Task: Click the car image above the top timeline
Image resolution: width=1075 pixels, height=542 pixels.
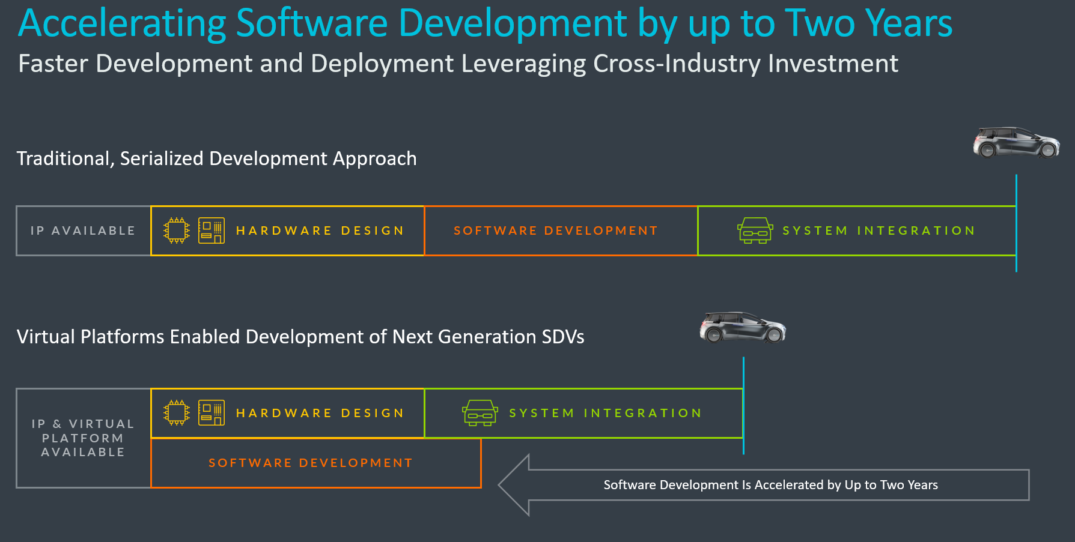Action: pyautogui.click(x=1016, y=143)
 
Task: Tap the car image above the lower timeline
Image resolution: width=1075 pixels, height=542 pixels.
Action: pyautogui.click(x=743, y=327)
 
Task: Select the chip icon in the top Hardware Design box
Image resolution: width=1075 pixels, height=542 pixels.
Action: pyautogui.click(x=177, y=230)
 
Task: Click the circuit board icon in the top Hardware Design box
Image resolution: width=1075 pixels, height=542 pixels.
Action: pyautogui.click(x=211, y=230)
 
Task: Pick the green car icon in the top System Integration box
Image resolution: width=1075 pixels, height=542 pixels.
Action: pyautogui.click(x=755, y=230)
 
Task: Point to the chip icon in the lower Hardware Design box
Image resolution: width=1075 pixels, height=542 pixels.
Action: pyautogui.click(x=177, y=413)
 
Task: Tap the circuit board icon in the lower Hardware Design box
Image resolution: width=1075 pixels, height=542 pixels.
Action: pyautogui.click(x=211, y=413)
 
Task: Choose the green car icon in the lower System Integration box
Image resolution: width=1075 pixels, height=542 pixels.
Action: pyautogui.click(x=480, y=413)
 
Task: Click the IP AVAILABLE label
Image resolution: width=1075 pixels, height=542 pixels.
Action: pyautogui.click(x=83, y=230)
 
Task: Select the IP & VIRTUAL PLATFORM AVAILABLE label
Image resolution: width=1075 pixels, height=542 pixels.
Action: pyautogui.click(x=83, y=438)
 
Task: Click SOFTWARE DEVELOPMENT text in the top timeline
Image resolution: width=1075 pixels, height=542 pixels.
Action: pyautogui.click(x=556, y=230)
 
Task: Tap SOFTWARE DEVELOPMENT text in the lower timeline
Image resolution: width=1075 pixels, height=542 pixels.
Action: pyautogui.click(x=311, y=463)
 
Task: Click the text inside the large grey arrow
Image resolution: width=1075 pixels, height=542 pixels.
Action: pyautogui.click(x=770, y=485)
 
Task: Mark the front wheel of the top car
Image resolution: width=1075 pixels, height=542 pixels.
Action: pyautogui.click(x=1048, y=151)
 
